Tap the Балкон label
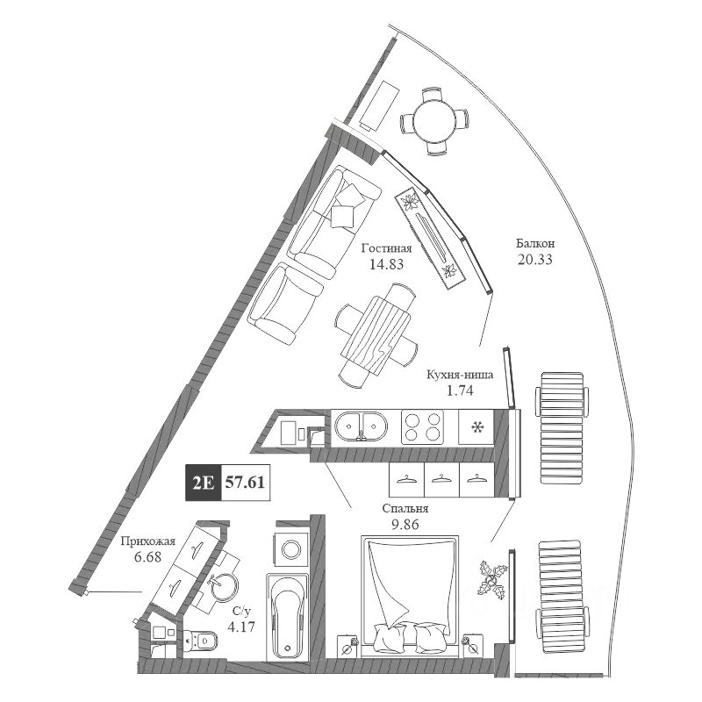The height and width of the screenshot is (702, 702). pos(535,244)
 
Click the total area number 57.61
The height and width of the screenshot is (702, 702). pos(246,482)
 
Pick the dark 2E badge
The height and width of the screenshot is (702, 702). pos(202,482)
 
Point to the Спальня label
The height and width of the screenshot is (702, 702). pos(405,508)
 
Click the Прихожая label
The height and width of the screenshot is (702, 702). pos(147,541)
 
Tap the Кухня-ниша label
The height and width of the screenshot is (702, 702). pos(459,374)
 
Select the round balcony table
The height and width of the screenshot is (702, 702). pos(434,120)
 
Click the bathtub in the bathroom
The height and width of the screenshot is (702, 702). pos(286,614)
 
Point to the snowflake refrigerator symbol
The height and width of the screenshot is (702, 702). pos(478,427)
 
